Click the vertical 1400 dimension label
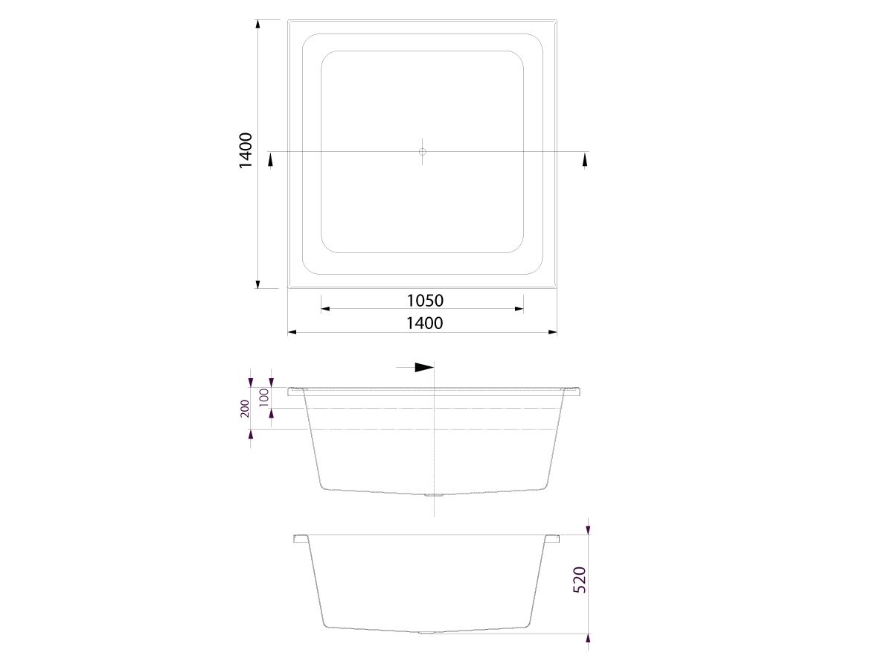click(x=246, y=150)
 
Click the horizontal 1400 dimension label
click(x=425, y=323)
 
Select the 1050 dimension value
click(x=425, y=301)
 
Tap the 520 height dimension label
click(x=579, y=580)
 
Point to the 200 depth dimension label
click(x=245, y=409)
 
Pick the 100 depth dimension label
click(x=264, y=397)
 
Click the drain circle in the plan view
click(x=422, y=152)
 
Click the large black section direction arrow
click(x=424, y=367)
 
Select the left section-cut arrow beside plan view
click(x=271, y=161)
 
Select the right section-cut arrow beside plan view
click(x=585, y=161)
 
